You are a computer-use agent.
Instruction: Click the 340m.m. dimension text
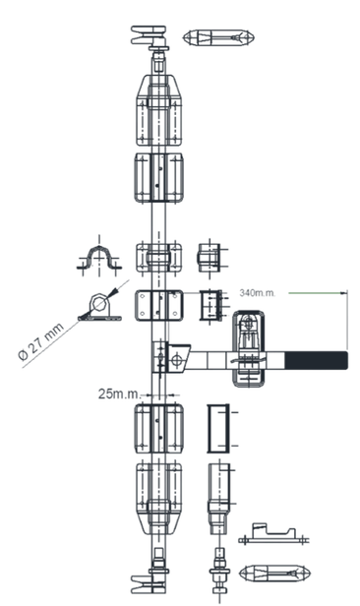click(x=258, y=292)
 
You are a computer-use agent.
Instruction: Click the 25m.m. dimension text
click(x=119, y=394)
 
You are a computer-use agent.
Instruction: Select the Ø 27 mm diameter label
click(x=41, y=341)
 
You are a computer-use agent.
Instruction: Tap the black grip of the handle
click(x=317, y=360)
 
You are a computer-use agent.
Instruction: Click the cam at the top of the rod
click(x=150, y=37)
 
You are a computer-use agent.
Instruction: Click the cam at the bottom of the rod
click(x=150, y=580)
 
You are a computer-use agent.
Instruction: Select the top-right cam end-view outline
click(x=218, y=37)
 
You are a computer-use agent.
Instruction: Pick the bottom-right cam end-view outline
click(x=274, y=573)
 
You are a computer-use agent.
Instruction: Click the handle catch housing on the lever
click(x=249, y=348)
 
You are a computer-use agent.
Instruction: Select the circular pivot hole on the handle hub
click(x=177, y=359)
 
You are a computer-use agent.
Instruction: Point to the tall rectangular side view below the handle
click(x=218, y=428)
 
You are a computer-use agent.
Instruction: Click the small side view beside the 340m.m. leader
click(x=210, y=306)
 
